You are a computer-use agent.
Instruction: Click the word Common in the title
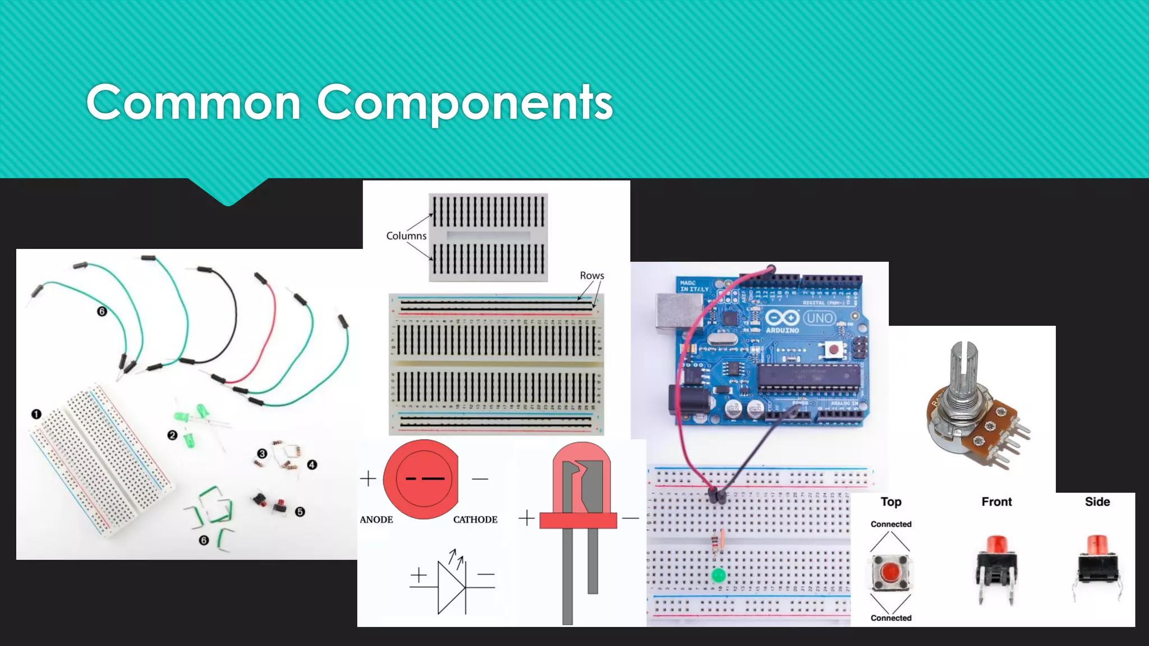[x=194, y=103]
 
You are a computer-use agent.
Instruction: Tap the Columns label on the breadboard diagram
[x=406, y=236]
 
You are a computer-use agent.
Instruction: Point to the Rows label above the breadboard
[x=592, y=275]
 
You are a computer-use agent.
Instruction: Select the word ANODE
[x=376, y=520]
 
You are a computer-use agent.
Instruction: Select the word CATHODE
[x=475, y=520]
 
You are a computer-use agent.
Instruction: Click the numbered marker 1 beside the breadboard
[x=36, y=414]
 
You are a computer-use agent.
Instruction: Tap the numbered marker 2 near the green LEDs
[x=172, y=435]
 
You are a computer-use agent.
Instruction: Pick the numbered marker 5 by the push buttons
[x=300, y=512]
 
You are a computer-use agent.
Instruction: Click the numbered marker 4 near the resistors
[x=312, y=465]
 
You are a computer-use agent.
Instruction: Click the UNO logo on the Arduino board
[x=819, y=319]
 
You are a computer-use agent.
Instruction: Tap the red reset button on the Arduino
[x=834, y=350]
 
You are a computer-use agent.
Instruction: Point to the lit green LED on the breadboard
[x=718, y=575]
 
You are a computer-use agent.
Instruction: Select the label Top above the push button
[x=891, y=502]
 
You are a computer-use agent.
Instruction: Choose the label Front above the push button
[x=996, y=502]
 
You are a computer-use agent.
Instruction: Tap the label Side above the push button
[x=1097, y=502]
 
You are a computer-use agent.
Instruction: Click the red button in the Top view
[x=890, y=573]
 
